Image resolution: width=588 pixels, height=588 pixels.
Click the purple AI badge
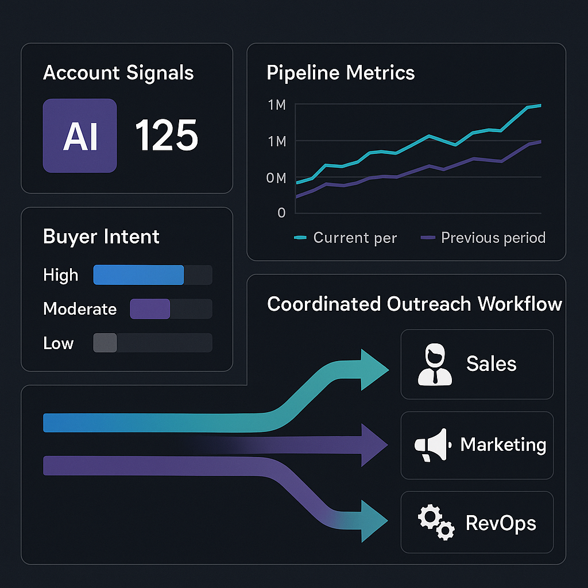[80, 136]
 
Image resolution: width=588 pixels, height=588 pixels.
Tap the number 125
[167, 136]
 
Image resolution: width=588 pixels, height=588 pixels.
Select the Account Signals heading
[118, 73]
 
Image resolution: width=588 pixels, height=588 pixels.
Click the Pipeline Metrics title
[341, 73]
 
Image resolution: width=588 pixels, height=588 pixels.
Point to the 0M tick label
[276, 179]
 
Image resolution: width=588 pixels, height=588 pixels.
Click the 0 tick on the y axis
[281, 212]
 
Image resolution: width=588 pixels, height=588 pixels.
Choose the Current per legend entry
[346, 238]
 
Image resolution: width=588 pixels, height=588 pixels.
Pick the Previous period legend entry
[483, 238]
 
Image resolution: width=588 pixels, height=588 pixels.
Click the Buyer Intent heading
[101, 237]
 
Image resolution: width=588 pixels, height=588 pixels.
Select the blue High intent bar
[138, 275]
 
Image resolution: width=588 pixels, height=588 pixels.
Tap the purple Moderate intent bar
[150, 309]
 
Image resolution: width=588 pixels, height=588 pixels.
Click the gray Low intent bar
[105, 343]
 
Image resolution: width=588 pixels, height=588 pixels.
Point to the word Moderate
[80, 309]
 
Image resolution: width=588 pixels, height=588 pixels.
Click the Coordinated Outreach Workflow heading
[415, 304]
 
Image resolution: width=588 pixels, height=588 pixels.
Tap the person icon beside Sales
[435, 364]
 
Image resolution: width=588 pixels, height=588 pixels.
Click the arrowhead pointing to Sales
[373, 367]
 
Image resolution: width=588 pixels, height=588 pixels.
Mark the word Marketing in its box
[503, 444]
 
